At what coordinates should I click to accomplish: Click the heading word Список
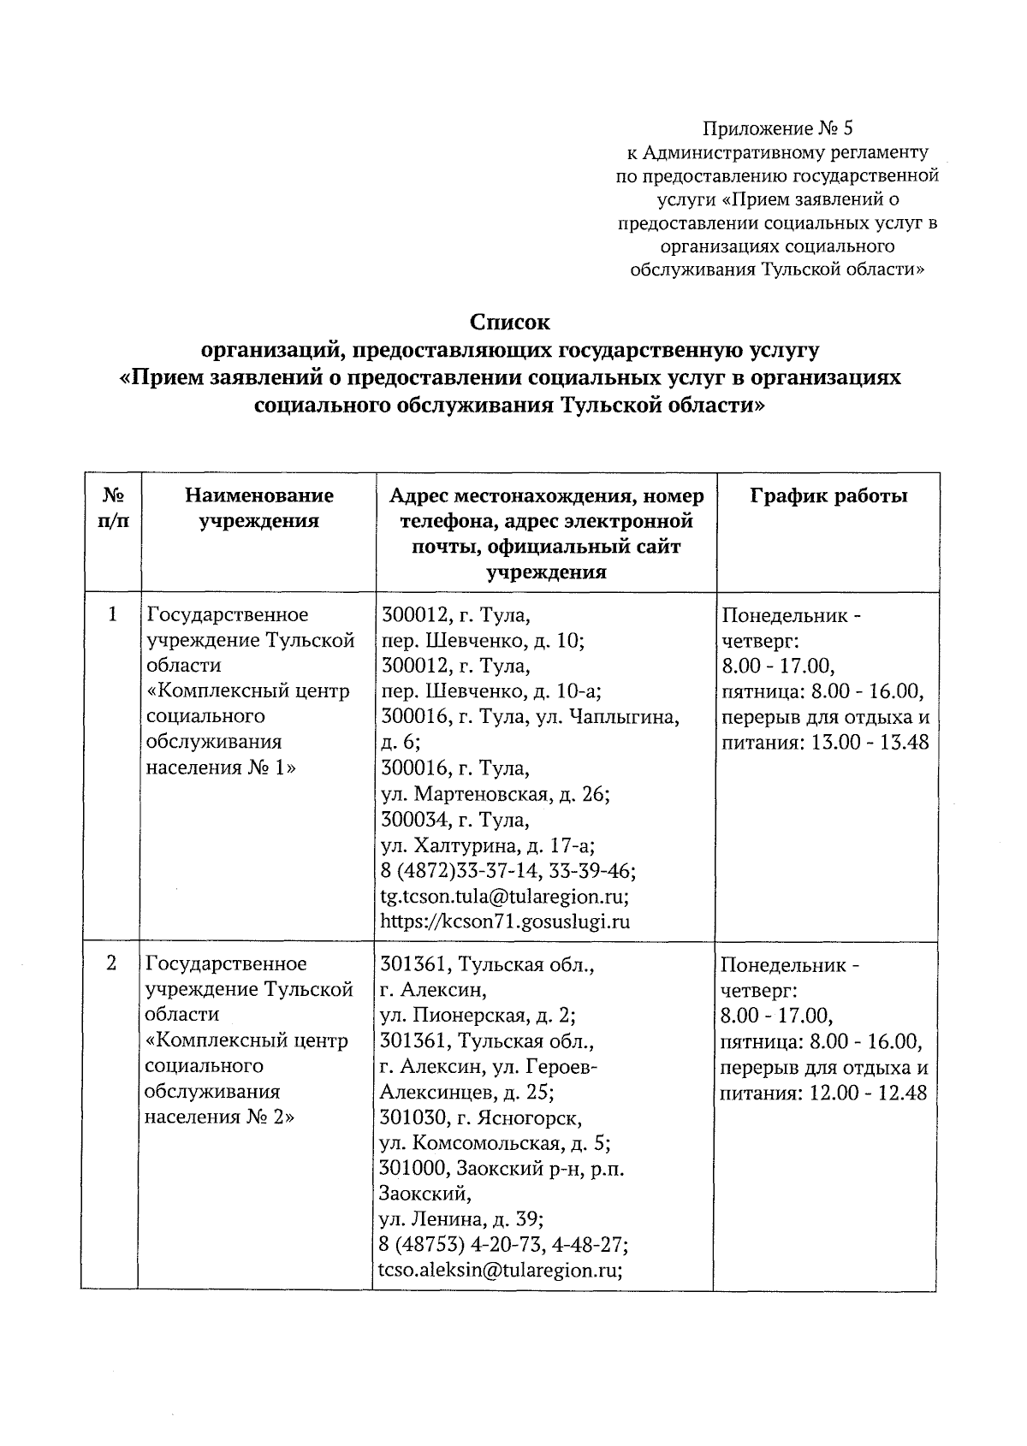[x=510, y=323]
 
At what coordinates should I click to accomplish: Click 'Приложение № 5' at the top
[x=777, y=128]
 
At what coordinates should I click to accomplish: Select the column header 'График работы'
[x=828, y=495]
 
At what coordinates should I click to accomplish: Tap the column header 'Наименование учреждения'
[x=259, y=507]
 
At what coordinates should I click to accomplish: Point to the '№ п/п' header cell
[x=115, y=507]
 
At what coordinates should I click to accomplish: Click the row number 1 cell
[x=112, y=614]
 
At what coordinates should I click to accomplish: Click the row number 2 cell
[x=111, y=963]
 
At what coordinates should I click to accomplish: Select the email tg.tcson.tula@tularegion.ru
[x=505, y=897]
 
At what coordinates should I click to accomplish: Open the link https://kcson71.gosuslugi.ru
[x=505, y=922]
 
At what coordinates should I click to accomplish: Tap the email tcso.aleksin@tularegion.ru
[x=500, y=1271]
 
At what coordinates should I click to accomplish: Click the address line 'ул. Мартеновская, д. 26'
[x=495, y=795]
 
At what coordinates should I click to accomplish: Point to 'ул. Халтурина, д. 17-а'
[x=488, y=846]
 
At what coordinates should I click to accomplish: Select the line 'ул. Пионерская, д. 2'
[x=477, y=1016]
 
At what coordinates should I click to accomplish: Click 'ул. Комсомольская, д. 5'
[x=495, y=1143]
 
